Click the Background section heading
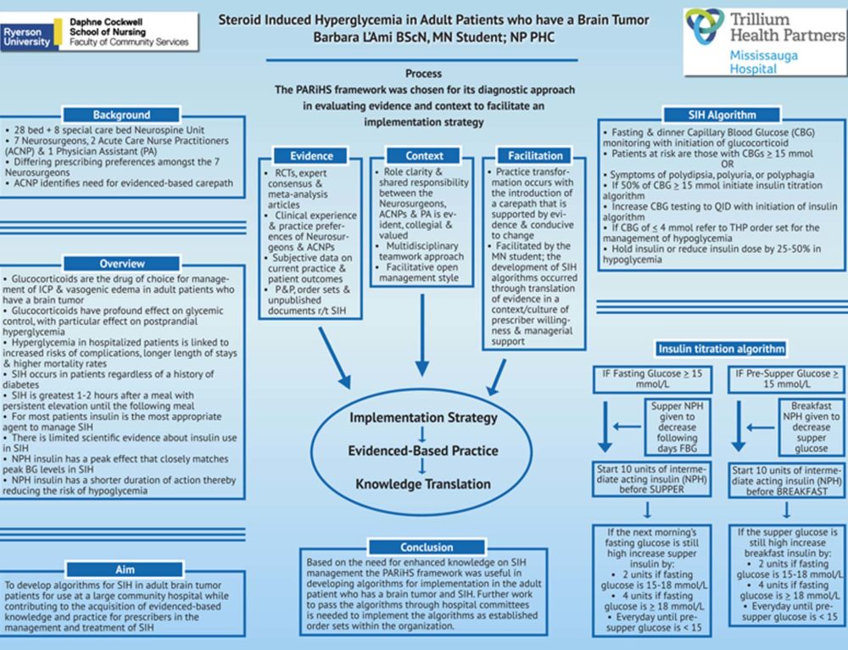pos(121,115)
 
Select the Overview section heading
pos(121,264)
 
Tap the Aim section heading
pos(125,569)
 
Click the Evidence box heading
pos(311,156)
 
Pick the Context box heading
pos(424,156)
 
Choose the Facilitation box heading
pos(535,156)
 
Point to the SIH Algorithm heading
pos(722,115)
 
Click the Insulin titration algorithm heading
pos(721,349)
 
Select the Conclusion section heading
pos(427,547)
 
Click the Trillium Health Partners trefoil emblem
pos(706,25)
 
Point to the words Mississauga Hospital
pos(756,62)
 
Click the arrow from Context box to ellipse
pos(422,335)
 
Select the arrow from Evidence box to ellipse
pos(335,358)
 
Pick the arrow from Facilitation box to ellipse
pos(496,378)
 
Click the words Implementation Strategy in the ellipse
pos(423,417)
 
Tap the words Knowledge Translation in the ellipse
pos(423,484)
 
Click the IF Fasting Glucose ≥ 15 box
pos(652,378)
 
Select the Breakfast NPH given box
pos(811,427)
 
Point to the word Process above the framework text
pos(423,74)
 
